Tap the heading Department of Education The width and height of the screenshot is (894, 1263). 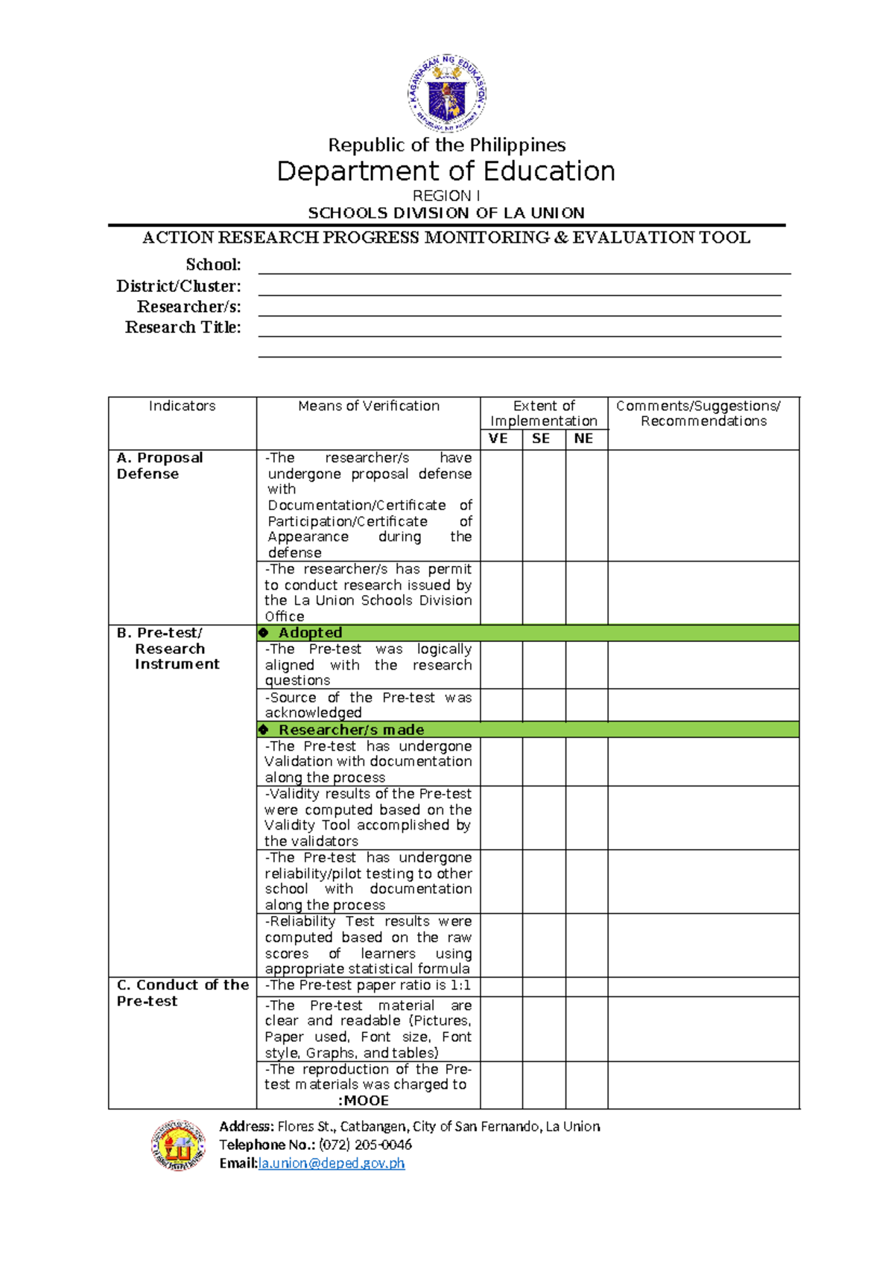[446, 171]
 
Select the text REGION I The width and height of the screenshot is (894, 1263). [446, 196]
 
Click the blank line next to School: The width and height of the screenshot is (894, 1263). [523, 267]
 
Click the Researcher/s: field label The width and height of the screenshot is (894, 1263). [188, 307]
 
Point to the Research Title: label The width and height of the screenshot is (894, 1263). [183, 328]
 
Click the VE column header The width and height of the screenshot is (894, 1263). [498, 439]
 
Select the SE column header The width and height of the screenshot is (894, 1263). [542, 439]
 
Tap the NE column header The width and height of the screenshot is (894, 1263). [584, 439]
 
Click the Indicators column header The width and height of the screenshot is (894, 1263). [182, 406]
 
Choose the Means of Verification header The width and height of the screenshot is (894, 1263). [368, 406]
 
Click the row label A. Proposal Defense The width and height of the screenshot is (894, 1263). [159, 465]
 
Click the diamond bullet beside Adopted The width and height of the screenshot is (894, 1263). [264, 633]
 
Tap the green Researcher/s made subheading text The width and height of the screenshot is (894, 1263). [351, 730]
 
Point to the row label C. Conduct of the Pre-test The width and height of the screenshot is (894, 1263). [182, 993]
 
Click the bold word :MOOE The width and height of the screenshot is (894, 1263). [364, 1101]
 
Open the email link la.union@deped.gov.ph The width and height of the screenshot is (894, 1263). [331, 1163]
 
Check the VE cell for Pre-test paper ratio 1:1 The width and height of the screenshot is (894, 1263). [501, 986]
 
